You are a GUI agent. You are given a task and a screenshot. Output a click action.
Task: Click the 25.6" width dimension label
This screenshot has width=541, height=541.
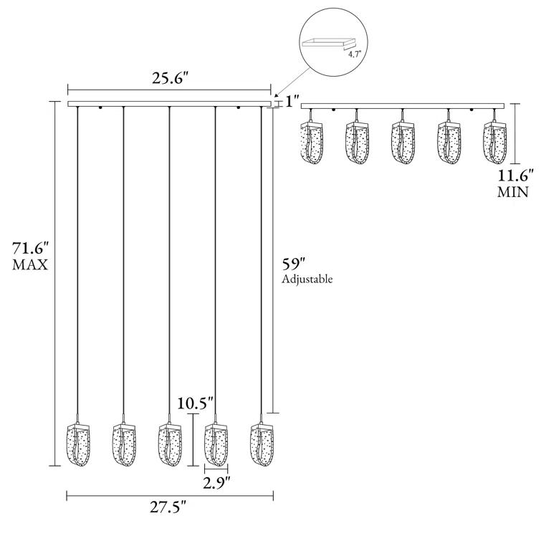[169, 80]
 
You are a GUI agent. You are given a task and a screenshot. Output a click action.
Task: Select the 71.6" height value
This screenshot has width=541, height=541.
[30, 249]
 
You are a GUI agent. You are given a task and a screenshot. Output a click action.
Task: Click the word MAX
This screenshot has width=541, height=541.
[30, 265]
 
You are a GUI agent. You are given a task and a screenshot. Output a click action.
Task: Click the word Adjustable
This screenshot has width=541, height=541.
[307, 279]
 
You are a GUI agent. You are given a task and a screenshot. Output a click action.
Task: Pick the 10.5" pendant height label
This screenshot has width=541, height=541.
[196, 404]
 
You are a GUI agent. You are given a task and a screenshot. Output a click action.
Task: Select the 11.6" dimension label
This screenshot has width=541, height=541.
[513, 175]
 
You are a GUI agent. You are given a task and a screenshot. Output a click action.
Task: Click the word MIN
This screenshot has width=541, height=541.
[513, 191]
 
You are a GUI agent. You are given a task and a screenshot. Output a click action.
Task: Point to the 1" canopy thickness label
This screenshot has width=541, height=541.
[292, 102]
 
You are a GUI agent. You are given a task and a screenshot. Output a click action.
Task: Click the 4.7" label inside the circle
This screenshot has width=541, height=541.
[353, 52]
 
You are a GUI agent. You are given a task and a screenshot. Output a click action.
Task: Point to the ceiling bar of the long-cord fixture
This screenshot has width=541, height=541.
[169, 105]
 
